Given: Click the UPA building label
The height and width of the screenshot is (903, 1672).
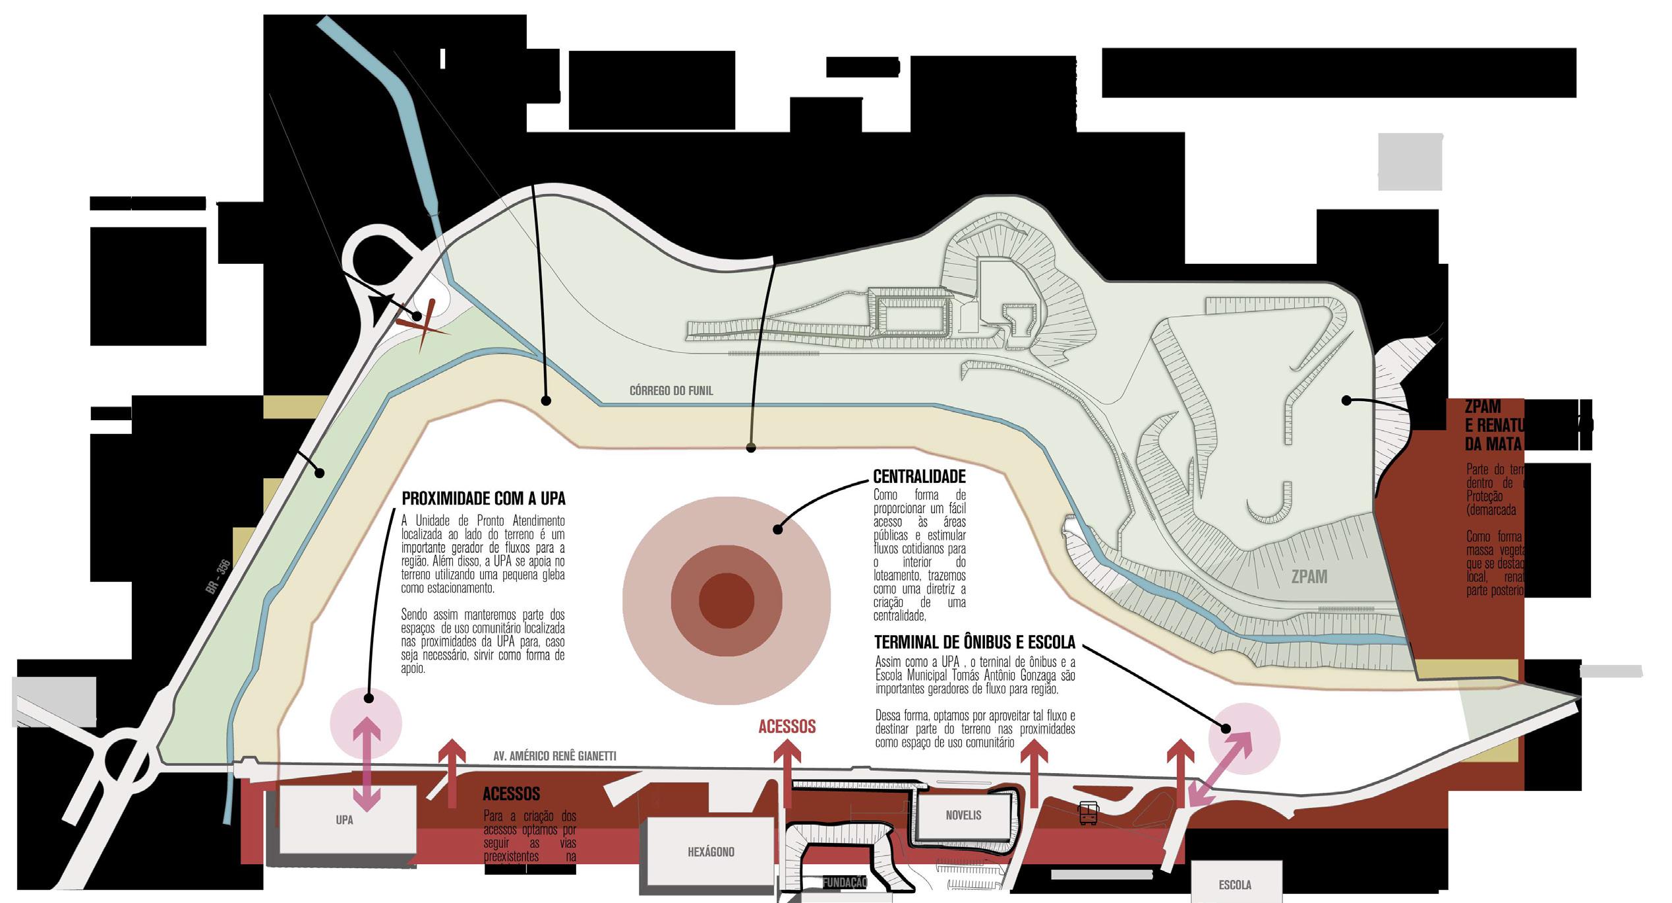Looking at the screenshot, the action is pyautogui.click(x=344, y=820).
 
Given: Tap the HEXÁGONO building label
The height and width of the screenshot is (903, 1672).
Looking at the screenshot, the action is pyautogui.click(x=711, y=852).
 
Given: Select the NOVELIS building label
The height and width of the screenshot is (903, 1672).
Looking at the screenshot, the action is pyautogui.click(x=963, y=815).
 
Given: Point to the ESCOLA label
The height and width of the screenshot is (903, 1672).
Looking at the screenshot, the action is pyautogui.click(x=1235, y=885).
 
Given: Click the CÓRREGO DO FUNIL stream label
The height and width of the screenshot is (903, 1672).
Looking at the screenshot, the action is pyautogui.click(x=671, y=390).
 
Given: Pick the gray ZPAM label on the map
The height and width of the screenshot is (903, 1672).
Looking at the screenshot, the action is pyautogui.click(x=1309, y=576).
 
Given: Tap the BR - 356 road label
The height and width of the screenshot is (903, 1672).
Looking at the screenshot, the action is pyautogui.click(x=218, y=576).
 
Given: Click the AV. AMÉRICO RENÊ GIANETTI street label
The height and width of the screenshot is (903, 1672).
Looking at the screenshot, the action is pyautogui.click(x=554, y=756).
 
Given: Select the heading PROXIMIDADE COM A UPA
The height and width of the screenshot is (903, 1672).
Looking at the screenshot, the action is pyautogui.click(x=483, y=498).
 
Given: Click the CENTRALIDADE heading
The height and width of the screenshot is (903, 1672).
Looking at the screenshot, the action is pyautogui.click(x=919, y=476).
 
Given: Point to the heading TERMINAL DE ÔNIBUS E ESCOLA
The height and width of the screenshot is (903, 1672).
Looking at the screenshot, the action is pyautogui.click(x=974, y=642).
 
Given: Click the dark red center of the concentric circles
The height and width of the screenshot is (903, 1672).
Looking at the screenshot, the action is pyautogui.click(x=726, y=600).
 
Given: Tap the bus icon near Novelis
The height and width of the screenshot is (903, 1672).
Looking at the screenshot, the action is pyautogui.click(x=1089, y=813).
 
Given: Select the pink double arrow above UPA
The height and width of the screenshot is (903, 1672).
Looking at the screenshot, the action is pyautogui.click(x=367, y=764).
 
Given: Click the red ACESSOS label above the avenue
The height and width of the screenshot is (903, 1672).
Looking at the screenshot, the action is pyautogui.click(x=787, y=727).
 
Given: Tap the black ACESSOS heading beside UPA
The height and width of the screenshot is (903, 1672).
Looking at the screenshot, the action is pyautogui.click(x=511, y=794).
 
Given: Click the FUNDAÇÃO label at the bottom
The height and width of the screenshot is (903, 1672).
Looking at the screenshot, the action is pyautogui.click(x=844, y=883).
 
